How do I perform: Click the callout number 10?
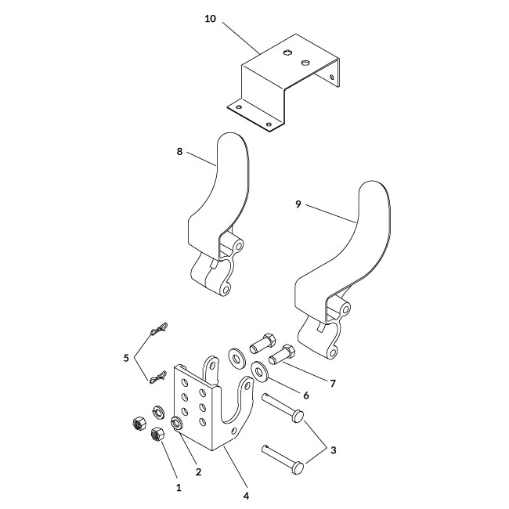210,19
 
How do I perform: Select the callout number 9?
298,205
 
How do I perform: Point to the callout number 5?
126,358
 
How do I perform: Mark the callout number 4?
246,495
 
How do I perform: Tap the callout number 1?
179,487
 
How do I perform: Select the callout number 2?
197,472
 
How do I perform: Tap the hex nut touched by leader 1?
155,435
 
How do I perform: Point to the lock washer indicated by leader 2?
178,424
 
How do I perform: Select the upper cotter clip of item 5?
161,330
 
